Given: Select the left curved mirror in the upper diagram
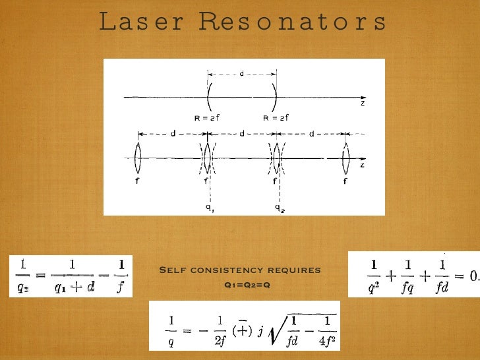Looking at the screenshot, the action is click(x=208, y=98).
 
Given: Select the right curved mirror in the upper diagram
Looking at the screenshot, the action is click(x=274, y=98).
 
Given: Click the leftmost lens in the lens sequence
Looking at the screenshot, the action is click(x=138, y=158).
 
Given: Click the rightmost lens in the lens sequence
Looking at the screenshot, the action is click(x=345, y=158).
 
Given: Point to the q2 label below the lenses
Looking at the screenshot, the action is click(x=280, y=208).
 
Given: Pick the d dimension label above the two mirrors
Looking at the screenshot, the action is click(x=241, y=73).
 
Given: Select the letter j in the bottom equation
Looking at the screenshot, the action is click(x=261, y=330).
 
